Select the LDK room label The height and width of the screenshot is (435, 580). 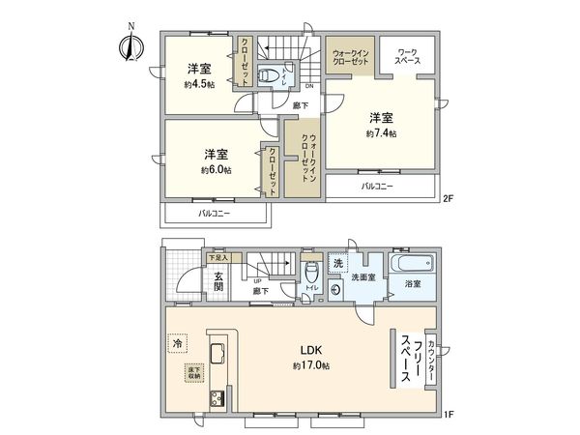[x=311, y=351]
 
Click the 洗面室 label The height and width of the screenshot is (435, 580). [x=362, y=277]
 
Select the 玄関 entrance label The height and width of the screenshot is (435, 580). [x=219, y=280]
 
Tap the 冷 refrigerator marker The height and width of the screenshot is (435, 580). [x=177, y=342]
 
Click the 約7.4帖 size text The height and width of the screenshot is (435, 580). [x=381, y=132]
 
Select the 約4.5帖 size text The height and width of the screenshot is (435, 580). [x=199, y=84]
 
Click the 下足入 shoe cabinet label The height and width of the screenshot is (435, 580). [x=217, y=258]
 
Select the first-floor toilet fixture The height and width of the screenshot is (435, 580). [x=311, y=270]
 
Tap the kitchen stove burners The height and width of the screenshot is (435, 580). [x=216, y=399]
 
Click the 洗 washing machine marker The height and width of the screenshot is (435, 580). [x=338, y=263]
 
